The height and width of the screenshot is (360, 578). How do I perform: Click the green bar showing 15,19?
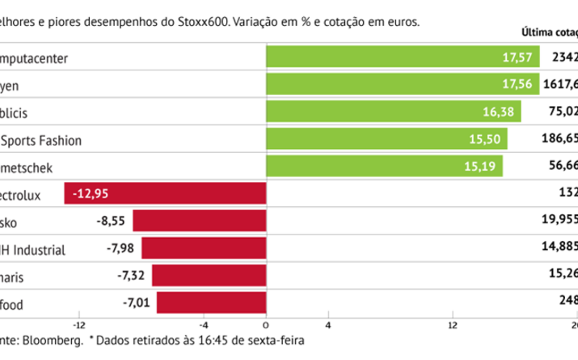pos(384,167)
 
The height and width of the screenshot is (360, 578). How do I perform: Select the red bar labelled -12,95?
pos(166,194)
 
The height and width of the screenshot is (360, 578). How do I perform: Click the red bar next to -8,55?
pos(200,222)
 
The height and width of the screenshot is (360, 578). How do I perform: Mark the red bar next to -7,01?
pos(212,303)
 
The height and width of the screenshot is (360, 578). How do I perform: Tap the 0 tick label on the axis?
pos(266,325)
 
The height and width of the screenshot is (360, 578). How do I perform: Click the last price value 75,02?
pos(563,112)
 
